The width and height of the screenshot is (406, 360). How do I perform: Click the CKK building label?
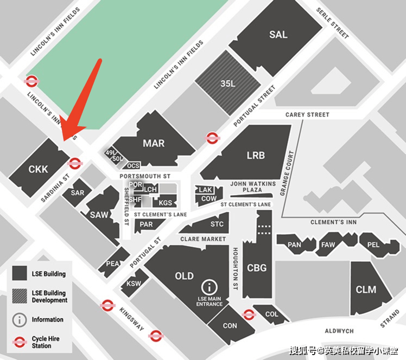coord(38,169)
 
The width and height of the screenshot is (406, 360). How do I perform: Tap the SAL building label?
coord(278,35)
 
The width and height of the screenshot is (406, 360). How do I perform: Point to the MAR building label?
coord(154,144)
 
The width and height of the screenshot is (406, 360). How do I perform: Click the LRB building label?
coord(256,155)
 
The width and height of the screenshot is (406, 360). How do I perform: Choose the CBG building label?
coord(257,268)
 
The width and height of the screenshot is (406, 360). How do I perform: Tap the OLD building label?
coord(184,276)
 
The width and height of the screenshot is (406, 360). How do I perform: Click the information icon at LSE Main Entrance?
coord(209,288)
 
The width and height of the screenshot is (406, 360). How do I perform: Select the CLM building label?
coord(366,290)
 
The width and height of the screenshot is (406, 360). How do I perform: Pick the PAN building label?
coord(294,245)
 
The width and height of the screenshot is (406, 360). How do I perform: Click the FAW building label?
coord(328,245)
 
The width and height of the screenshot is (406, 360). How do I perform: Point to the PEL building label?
coord(373,245)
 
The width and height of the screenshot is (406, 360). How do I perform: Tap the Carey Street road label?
coord(307,115)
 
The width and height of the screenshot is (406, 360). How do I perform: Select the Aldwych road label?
coord(339,331)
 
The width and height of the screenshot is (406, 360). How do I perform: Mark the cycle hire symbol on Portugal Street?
coord(212,138)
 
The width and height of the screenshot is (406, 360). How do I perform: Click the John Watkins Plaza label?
coord(253,187)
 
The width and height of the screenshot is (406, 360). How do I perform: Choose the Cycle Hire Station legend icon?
coord(20,342)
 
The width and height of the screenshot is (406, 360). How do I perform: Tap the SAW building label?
coord(99,215)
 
